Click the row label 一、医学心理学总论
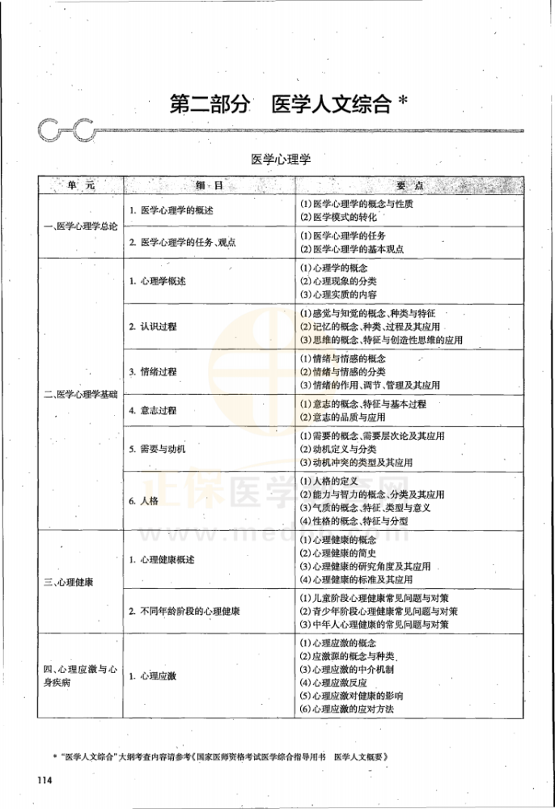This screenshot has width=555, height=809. click(x=80, y=227)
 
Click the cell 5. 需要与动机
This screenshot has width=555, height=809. click(x=157, y=448)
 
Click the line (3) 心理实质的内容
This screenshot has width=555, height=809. click(x=338, y=294)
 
